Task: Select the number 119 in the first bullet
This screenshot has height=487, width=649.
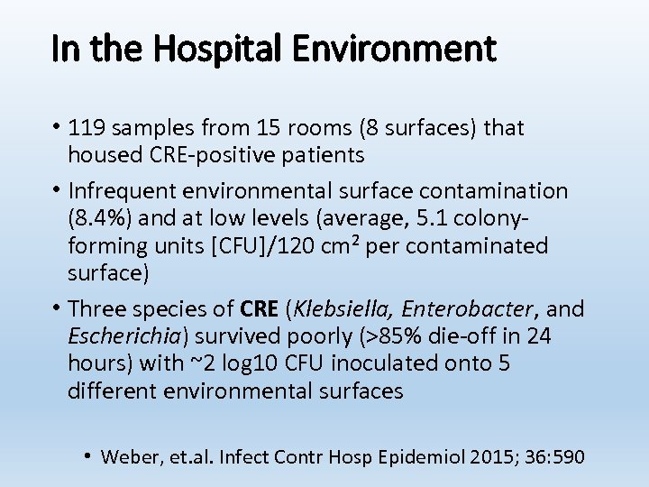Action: [87, 128]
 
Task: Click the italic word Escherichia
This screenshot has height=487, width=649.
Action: [125, 336]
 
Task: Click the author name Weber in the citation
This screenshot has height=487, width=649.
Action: [128, 456]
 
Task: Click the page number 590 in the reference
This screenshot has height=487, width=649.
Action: [570, 456]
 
